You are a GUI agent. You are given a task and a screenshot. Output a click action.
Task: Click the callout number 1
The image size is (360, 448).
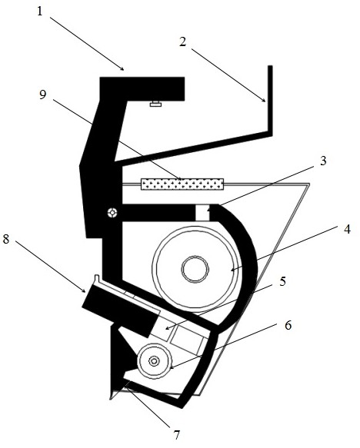40,12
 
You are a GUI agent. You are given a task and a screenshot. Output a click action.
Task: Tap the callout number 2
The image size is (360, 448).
183,41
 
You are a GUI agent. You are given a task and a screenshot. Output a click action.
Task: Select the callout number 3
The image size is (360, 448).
323,161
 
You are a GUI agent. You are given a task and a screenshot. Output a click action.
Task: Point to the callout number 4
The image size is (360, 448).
347,229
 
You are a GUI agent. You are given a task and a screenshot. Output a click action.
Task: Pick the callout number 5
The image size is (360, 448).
283,281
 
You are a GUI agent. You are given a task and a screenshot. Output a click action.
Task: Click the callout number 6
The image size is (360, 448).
288,325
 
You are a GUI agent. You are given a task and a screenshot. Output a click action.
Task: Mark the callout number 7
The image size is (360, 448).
177,435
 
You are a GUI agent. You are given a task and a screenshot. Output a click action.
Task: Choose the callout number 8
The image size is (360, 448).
6,239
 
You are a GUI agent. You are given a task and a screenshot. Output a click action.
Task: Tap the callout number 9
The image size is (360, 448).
42,95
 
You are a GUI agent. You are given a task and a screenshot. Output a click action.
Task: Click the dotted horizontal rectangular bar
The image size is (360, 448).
182,184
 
